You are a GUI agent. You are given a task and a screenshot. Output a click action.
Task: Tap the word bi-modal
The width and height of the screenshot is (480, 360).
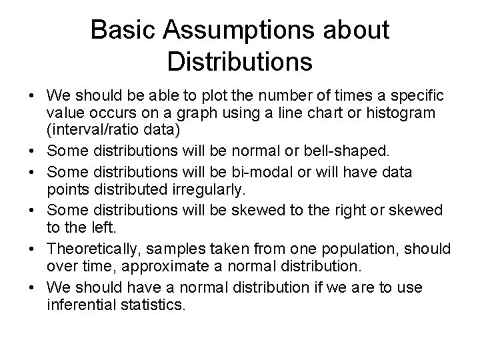(254, 173)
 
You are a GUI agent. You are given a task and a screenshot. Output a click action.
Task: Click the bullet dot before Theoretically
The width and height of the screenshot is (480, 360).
(33, 248)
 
